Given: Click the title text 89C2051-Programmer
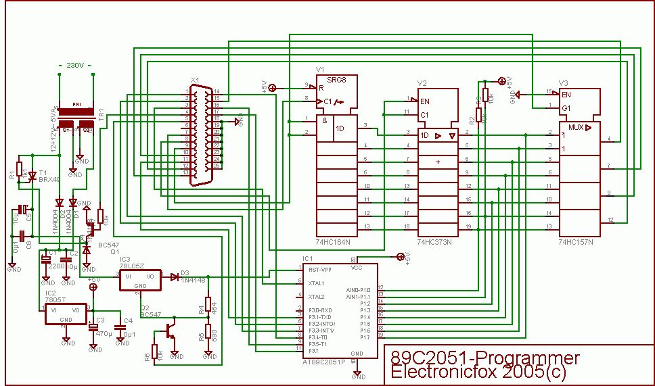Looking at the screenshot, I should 485,358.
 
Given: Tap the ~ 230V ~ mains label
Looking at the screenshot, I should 75,66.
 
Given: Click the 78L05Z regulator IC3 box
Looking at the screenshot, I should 141,280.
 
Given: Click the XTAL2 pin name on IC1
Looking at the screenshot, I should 316,297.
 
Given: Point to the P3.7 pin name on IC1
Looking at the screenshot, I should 313,350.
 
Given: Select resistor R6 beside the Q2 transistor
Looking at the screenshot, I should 154,352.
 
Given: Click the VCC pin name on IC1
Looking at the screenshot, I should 357,268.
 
